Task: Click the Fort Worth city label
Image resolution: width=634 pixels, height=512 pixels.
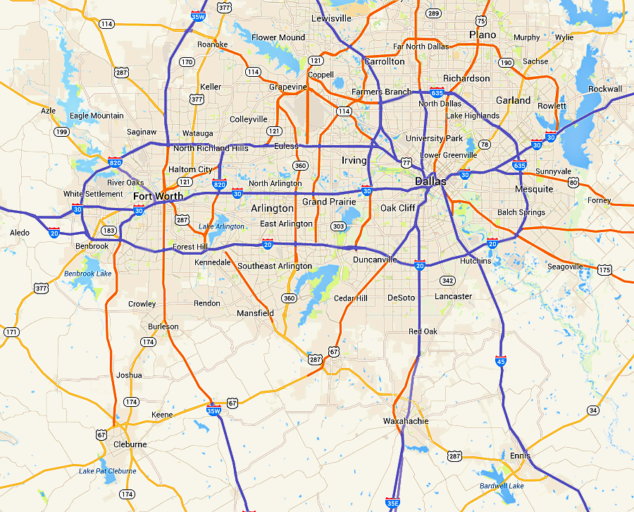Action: pyautogui.click(x=158, y=196)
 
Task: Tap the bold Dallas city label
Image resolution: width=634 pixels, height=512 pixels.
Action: pyautogui.click(x=430, y=181)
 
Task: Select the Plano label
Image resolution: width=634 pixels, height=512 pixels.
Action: pyautogui.click(x=483, y=35)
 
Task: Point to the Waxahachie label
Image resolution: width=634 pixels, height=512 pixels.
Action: pyautogui.click(x=405, y=421)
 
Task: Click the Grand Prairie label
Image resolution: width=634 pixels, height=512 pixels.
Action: pyautogui.click(x=324, y=202)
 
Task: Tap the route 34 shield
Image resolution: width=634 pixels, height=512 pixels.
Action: pyautogui.click(x=593, y=410)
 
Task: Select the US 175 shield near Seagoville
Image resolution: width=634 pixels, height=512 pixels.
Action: pyautogui.click(x=604, y=270)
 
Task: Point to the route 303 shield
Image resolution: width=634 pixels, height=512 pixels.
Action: pyautogui.click(x=338, y=226)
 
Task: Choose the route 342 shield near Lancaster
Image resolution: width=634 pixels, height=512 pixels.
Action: pyautogui.click(x=447, y=281)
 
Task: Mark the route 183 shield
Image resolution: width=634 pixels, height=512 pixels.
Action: pyautogui.click(x=108, y=231)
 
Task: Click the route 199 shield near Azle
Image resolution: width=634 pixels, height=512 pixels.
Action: pyautogui.click(x=63, y=132)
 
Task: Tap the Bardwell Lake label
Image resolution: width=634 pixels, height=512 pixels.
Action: pyautogui.click(x=502, y=486)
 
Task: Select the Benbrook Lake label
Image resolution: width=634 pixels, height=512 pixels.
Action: pyautogui.click(x=88, y=274)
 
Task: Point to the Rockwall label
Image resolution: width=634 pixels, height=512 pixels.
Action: pyautogui.click(x=605, y=89)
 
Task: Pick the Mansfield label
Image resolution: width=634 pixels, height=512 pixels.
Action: pyautogui.click(x=255, y=312)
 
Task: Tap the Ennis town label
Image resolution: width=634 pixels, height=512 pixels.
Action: pyautogui.click(x=520, y=456)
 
